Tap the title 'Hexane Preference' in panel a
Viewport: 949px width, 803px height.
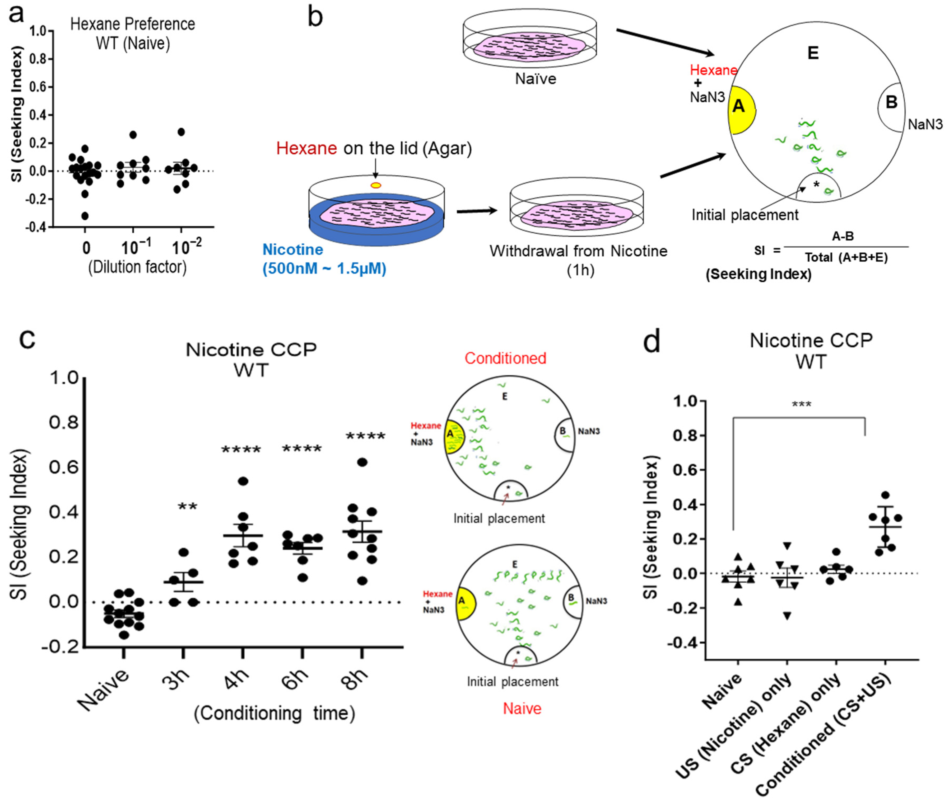pos(133,24)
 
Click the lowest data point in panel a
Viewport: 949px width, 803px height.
pos(85,216)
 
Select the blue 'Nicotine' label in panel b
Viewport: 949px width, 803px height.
pos(292,249)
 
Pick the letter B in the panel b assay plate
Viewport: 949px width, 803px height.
pos(891,102)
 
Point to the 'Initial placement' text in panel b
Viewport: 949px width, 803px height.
pos(745,215)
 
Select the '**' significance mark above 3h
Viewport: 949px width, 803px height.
pos(187,507)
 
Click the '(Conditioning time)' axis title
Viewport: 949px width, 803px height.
pos(274,713)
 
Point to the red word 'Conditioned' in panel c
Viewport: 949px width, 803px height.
pos(505,358)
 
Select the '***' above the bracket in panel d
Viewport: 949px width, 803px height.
pos(801,404)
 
